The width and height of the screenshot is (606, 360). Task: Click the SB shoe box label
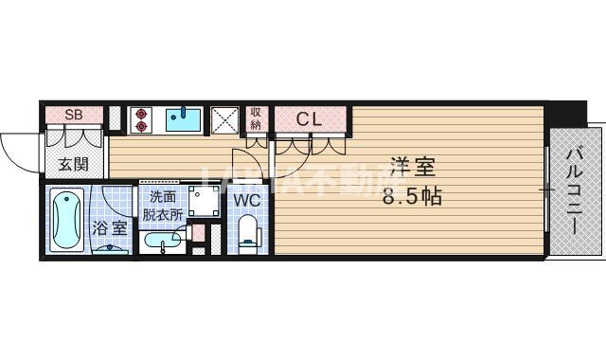click(x=72, y=115)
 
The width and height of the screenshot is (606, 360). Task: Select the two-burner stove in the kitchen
click(x=142, y=118)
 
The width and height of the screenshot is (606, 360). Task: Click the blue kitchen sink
click(x=184, y=118)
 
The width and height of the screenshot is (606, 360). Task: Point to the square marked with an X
click(x=224, y=119)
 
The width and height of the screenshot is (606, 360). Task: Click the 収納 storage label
click(x=256, y=118)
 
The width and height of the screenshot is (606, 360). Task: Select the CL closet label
click(x=310, y=119)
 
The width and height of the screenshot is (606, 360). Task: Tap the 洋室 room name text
click(x=412, y=167)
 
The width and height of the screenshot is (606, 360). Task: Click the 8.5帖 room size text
click(x=412, y=197)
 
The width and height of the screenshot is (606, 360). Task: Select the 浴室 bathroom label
click(x=109, y=227)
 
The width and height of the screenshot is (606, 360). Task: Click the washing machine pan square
click(x=204, y=201)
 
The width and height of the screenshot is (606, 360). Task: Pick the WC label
click(x=247, y=200)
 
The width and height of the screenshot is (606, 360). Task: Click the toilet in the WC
click(x=248, y=233)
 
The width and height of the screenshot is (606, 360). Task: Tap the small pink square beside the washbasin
click(x=198, y=231)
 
